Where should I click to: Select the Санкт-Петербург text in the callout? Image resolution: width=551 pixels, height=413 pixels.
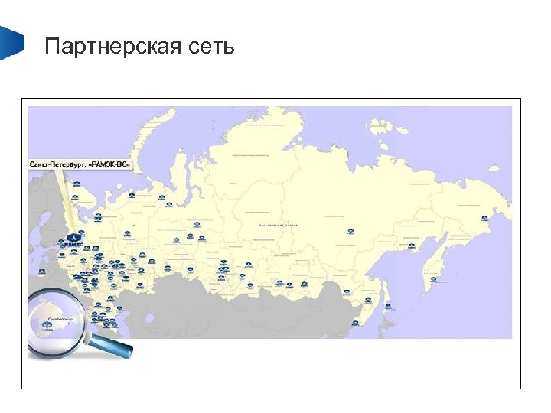[x=58, y=164]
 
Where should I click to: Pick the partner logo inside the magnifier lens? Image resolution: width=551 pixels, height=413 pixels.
[x=47, y=327]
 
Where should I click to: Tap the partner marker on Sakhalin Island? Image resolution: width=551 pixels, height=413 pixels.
[x=388, y=306]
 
